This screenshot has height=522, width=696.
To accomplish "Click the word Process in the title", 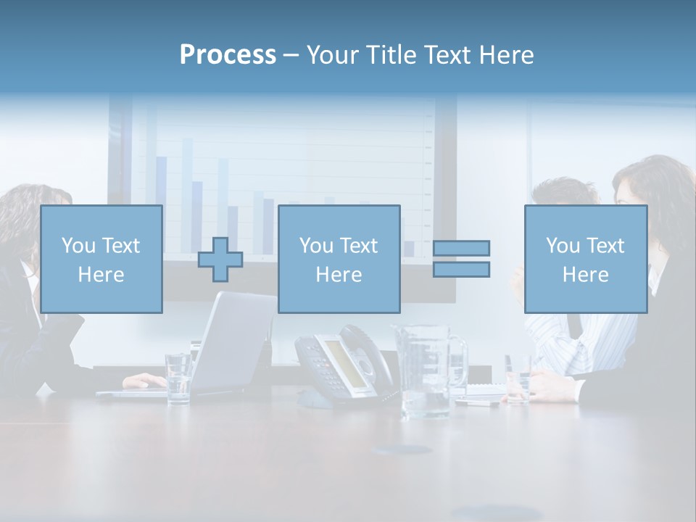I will pos(228,54).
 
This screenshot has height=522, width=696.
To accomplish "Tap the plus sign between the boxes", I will pos(220,259).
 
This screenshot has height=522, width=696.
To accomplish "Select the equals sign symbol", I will pos(461,259).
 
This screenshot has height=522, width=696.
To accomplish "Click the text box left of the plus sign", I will pos(101,259).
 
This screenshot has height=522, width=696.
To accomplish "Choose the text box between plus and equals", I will pos(339,259).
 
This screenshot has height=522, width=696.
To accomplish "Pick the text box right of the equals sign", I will pos(585,259).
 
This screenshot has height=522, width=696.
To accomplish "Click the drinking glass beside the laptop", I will pos(178,377).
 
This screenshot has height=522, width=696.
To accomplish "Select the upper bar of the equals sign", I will pos(461,248).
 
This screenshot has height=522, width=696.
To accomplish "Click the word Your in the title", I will pos(333,54).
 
